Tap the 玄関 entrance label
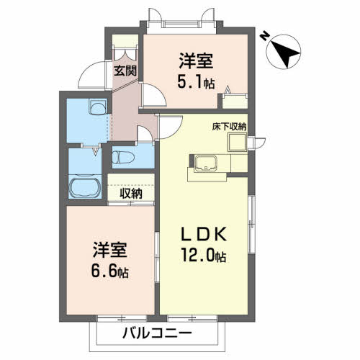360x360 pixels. (125, 71)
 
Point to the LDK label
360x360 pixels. (203, 234)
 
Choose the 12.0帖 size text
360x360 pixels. (204, 256)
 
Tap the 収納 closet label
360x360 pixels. (130, 193)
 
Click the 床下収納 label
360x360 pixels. (229, 126)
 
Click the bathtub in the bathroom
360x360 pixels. (86, 189)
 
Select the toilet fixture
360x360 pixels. (122, 156)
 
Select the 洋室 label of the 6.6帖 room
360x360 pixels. (109, 251)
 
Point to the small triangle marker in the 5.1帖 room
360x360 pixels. (228, 90)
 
